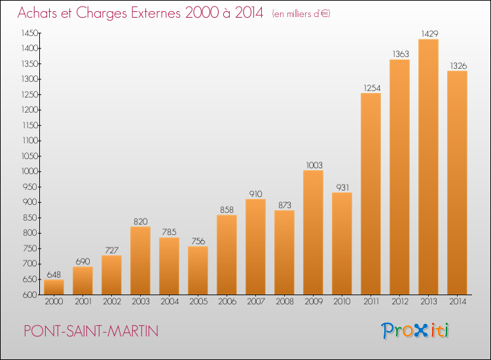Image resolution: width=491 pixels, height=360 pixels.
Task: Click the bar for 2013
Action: coord(428,167)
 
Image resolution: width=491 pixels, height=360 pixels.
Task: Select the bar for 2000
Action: coord(54,287)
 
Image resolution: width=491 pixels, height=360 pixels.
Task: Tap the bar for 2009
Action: coord(313,232)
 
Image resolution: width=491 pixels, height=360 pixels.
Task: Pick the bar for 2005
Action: coord(198,270)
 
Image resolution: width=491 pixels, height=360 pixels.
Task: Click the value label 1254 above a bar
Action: coord(372,88)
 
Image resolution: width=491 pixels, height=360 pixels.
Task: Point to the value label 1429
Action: coord(429,34)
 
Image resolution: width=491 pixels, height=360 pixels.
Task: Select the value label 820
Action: coord(141,222)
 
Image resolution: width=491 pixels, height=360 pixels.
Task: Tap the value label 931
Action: coord(342,187)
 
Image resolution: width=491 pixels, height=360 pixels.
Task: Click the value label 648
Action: coord(54,275)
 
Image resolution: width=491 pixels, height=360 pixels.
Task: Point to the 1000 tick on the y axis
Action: coord(29,171)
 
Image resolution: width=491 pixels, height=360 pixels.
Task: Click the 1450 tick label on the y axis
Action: coord(29,33)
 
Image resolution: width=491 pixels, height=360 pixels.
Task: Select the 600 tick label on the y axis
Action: coord(30,295)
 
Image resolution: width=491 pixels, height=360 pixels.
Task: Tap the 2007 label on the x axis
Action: coord(256,302)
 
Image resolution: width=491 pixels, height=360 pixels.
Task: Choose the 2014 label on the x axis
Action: coord(458,302)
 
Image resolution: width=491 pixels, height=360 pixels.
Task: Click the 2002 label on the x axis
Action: coord(112,302)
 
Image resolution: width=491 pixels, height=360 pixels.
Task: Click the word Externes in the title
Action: coord(156,13)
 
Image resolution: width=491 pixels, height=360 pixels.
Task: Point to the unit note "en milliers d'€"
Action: coord(301,14)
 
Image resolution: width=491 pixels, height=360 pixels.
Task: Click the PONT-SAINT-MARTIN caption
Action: coord(91,331)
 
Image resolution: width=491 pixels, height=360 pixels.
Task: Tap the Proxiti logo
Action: coord(415,331)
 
